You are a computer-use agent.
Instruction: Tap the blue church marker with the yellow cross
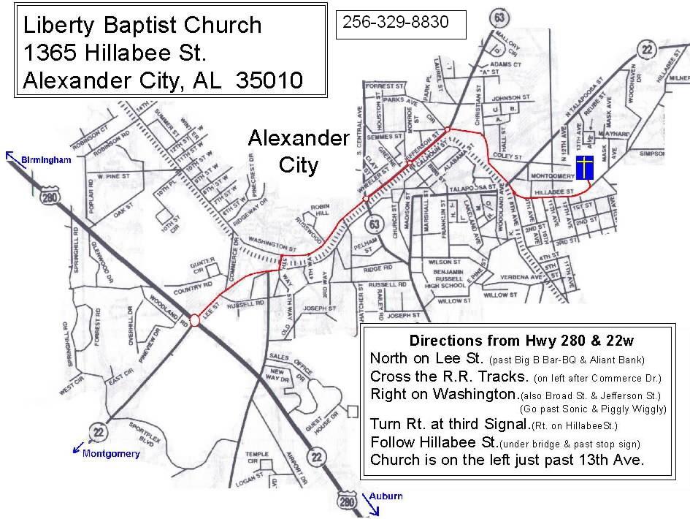coord(584,168)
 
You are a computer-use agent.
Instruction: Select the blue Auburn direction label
coord(385,496)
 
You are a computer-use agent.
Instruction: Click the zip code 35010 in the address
coord(269,80)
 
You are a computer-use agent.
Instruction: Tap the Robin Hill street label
coord(320,210)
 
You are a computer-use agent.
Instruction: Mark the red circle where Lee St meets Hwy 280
coord(195,320)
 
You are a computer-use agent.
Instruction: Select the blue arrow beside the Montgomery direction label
coord(77,447)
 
